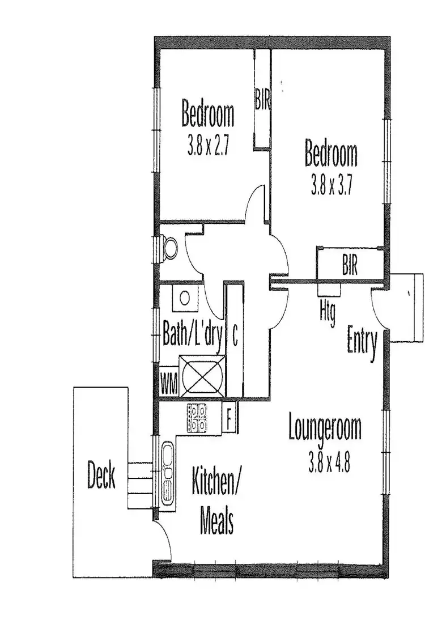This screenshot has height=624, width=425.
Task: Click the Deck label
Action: click(x=101, y=475)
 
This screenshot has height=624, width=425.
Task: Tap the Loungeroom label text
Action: click(x=324, y=429)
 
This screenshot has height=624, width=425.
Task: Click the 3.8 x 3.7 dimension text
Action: click(x=331, y=186)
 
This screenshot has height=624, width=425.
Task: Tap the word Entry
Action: click(x=362, y=342)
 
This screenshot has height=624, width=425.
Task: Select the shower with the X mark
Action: click(x=202, y=376)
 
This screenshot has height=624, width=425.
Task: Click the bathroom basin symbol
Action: click(x=185, y=298)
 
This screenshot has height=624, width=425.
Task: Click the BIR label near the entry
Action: click(x=350, y=265)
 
